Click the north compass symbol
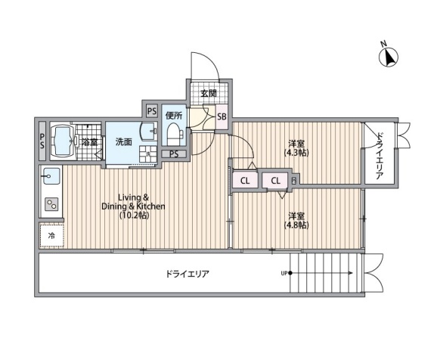(389, 57)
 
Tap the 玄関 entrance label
(208, 93)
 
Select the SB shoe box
(222, 116)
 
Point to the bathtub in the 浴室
(63, 141)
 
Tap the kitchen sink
(51, 176)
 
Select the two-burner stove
(52, 204)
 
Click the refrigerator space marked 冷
(51, 236)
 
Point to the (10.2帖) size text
(134, 216)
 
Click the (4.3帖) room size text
(296, 153)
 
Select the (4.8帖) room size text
(296, 225)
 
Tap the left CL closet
(245, 181)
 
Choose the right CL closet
(275, 181)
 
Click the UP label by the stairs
(284, 273)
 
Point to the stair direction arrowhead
(351, 273)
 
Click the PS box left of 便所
(152, 112)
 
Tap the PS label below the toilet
(174, 154)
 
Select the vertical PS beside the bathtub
(42, 141)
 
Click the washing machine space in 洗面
(148, 154)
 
